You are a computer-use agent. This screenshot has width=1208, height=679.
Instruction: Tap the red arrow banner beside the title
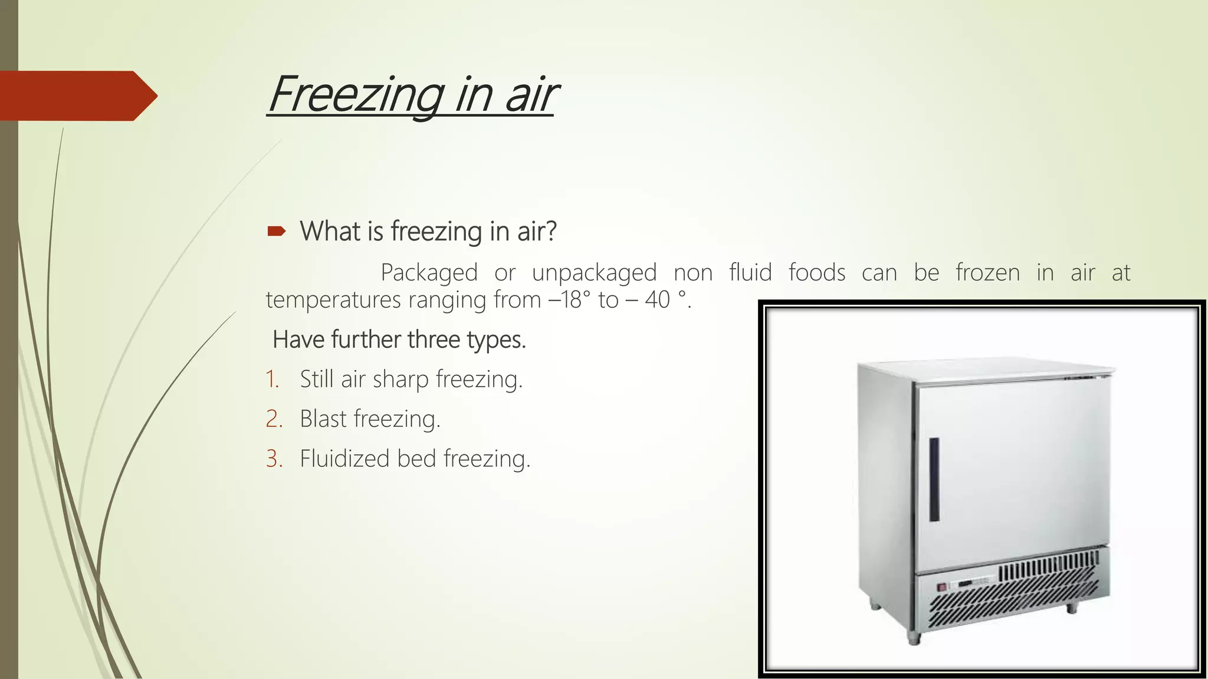tap(77, 95)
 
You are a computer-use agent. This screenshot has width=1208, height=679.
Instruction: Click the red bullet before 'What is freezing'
tap(276, 231)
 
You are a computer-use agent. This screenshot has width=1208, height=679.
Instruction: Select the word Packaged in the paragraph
tap(429, 273)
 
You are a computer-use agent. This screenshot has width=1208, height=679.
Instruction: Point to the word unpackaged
tap(594, 273)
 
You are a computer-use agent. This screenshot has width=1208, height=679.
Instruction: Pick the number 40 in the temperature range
tap(657, 300)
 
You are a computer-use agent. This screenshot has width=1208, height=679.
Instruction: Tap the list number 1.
tap(272, 379)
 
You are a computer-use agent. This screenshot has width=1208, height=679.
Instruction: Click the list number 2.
tap(274, 419)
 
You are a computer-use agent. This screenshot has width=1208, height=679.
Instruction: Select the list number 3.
tap(274, 459)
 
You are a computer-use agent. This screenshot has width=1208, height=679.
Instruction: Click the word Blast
tap(323, 419)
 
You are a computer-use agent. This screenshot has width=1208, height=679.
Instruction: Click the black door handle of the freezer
tap(934, 479)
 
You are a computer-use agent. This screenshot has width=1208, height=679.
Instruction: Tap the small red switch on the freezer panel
tap(942, 586)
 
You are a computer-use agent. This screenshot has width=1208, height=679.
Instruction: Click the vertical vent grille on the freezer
tap(1047, 570)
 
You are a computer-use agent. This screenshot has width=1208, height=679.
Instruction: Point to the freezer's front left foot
tap(914, 638)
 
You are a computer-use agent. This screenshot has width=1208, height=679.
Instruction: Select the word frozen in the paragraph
tap(987, 273)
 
